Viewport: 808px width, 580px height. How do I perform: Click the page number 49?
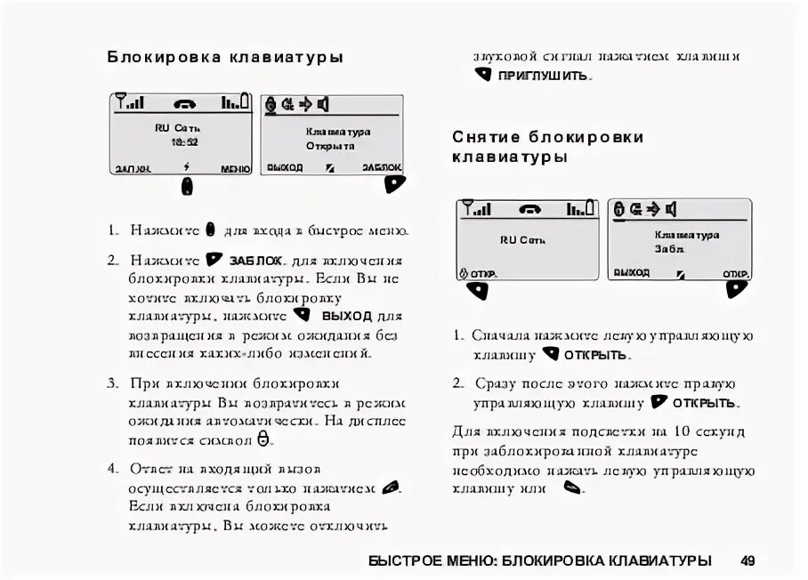(x=747, y=560)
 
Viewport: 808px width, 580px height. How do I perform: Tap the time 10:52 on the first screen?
(x=185, y=141)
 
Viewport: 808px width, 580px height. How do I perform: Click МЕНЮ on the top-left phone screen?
(x=236, y=168)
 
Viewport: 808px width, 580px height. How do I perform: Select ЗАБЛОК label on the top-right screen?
(x=382, y=167)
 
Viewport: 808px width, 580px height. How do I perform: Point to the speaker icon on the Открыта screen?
(x=323, y=105)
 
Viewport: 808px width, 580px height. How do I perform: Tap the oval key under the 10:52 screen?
(x=187, y=185)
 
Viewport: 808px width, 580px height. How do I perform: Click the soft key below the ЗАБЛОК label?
(x=395, y=183)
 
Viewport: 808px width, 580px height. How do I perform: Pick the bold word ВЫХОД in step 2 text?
(x=347, y=316)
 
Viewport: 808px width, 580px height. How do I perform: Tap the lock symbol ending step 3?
(x=263, y=439)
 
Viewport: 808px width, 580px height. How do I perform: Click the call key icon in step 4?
(x=390, y=487)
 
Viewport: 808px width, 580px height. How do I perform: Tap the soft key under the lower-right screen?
(x=737, y=289)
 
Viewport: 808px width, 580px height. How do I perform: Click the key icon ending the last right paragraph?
(x=572, y=487)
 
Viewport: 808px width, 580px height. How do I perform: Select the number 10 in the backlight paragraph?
(x=683, y=432)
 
